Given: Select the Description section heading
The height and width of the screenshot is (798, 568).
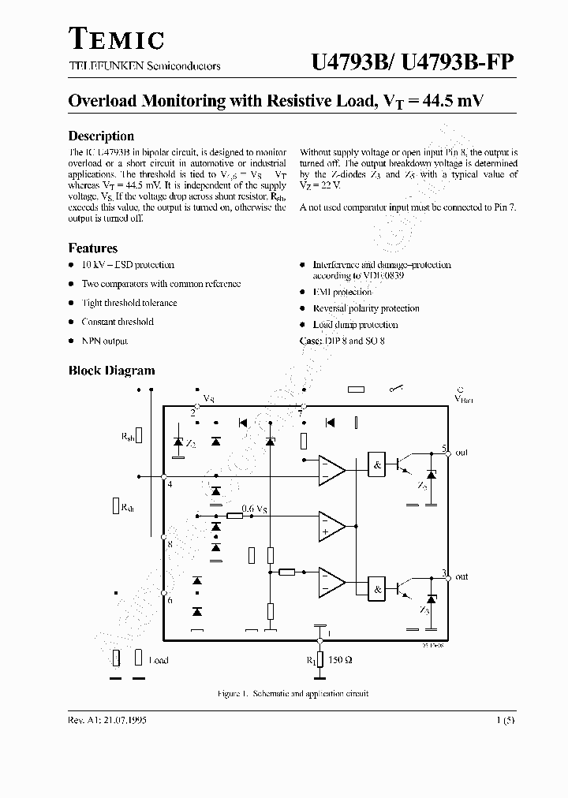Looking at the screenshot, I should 101,136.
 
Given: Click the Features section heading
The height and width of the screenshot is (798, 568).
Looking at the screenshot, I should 93,248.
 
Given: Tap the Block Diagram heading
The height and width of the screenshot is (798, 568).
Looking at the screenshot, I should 111,371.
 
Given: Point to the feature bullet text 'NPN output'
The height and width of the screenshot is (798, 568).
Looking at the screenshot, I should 104,341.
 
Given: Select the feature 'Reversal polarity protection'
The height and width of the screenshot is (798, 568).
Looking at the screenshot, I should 366,308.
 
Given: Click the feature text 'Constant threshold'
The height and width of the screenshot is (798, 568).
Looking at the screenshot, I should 118,322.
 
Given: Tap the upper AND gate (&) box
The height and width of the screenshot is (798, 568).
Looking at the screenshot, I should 377,465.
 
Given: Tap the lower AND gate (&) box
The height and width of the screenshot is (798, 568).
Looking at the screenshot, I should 377,588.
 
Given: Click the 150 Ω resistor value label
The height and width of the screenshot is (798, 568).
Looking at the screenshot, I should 342,660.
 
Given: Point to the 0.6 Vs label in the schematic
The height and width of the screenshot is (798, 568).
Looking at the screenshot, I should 254,509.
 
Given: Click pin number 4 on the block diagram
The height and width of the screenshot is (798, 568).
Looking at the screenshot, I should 170,483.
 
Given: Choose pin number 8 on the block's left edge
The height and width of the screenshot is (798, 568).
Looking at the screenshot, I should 170,545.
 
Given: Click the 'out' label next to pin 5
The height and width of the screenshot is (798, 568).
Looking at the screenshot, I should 461,453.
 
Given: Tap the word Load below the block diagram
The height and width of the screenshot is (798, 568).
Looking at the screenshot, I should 159,660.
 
